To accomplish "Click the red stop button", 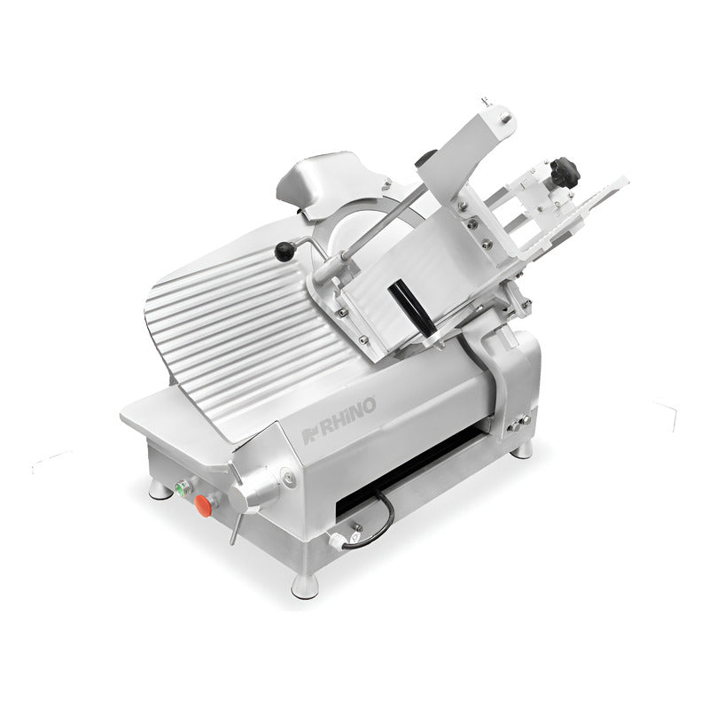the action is coord(204,505).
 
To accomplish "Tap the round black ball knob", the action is coord(284,252).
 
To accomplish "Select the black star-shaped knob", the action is coord(565,172).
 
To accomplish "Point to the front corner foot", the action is coord(306,585).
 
